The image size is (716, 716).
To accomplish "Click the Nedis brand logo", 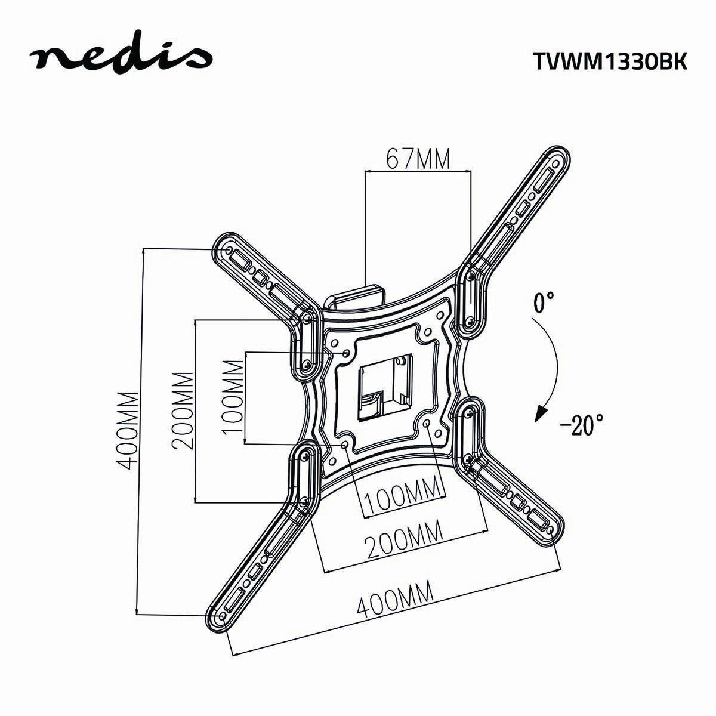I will click(122, 58).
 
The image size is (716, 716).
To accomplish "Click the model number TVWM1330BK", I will click(609, 61).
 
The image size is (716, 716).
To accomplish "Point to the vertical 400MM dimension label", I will click(128, 429).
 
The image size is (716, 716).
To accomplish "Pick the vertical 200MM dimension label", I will click(182, 412).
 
